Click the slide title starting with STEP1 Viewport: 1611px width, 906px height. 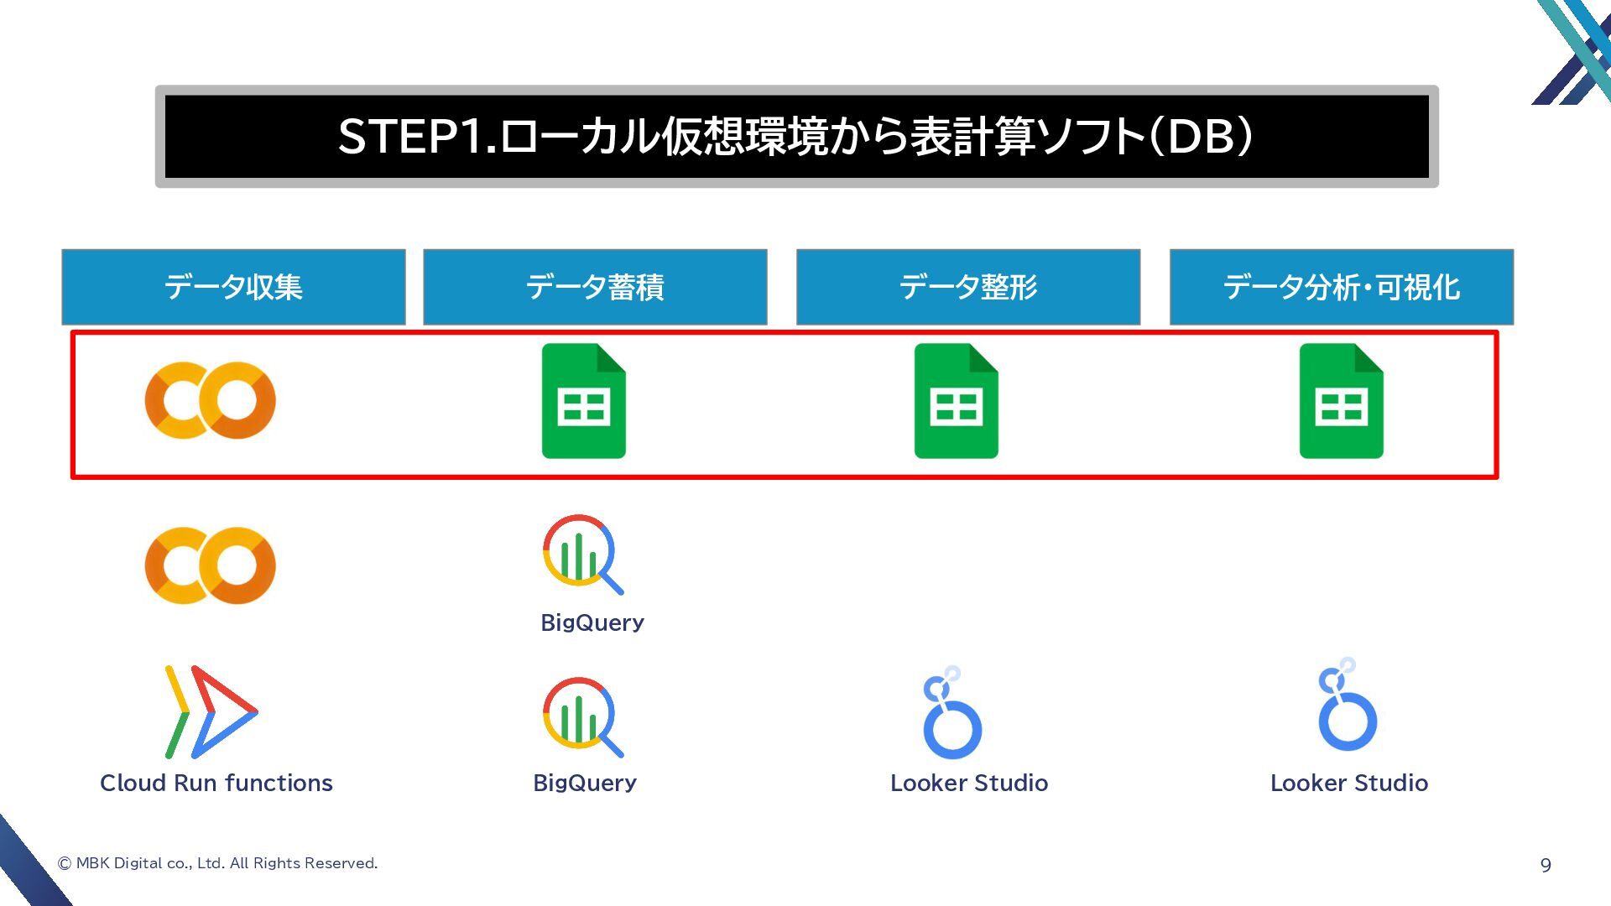tap(795, 136)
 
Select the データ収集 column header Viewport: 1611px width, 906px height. tap(233, 287)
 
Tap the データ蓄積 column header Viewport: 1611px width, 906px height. tap(595, 287)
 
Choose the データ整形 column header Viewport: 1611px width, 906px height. tap(967, 287)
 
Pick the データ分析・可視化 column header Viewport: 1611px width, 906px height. tap(1341, 287)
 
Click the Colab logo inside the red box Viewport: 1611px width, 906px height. tap(210, 400)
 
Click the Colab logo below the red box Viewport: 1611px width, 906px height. tap(210, 565)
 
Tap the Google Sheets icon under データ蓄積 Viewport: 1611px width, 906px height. tap(584, 401)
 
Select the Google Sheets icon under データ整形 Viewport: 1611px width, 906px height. tap(956, 401)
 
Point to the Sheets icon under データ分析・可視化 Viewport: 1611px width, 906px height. tap(1341, 401)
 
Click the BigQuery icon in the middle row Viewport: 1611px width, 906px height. tap(582, 554)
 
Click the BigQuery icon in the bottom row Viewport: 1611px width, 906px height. tap(582, 716)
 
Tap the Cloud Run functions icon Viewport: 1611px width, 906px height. tap(211, 712)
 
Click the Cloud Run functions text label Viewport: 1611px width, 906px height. tap(216, 783)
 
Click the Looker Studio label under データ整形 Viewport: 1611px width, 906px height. tap(969, 783)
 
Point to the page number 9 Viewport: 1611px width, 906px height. tap(1546, 865)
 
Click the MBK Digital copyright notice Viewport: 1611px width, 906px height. tap(217, 863)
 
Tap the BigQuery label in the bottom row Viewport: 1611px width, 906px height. tap(585, 783)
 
